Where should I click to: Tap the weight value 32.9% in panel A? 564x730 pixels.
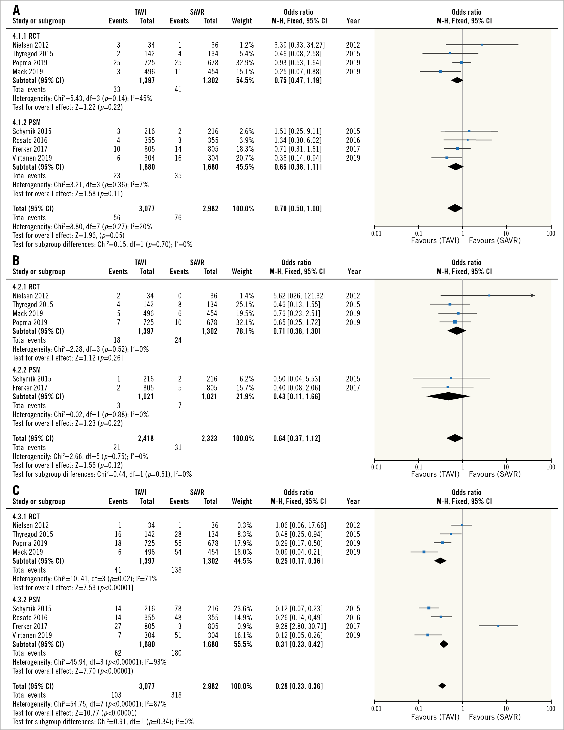click(x=245, y=63)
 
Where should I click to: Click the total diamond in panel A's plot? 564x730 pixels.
click(x=455, y=208)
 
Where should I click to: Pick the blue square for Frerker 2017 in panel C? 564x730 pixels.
click(x=498, y=626)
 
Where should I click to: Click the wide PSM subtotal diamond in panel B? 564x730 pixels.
click(x=448, y=396)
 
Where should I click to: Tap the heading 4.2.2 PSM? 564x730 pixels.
click(x=26, y=370)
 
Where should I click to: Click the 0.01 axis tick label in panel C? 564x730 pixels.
click(x=376, y=708)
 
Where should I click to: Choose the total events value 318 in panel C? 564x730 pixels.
click(x=176, y=695)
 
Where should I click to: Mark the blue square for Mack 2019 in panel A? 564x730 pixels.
click(x=440, y=72)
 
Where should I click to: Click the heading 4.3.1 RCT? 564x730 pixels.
click(x=26, y=517)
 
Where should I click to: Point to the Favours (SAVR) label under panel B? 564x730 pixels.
click(x=494, y=474)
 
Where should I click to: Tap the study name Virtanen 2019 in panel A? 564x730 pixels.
click(x=32, y=158)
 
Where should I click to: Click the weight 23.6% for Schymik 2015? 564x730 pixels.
click(x=243, y=609)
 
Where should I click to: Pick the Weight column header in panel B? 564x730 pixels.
click(x=242, y=271)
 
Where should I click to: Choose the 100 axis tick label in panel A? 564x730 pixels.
click(x=551, y=234)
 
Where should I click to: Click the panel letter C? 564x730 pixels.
click(x=16, y=490)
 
